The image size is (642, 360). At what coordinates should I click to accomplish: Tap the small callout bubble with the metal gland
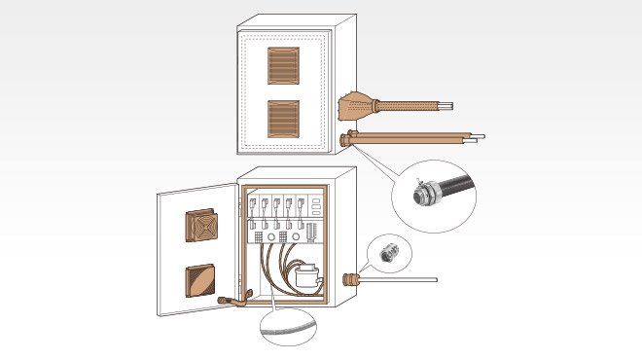pos(388,253)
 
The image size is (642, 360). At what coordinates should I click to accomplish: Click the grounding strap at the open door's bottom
pos(230,302)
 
